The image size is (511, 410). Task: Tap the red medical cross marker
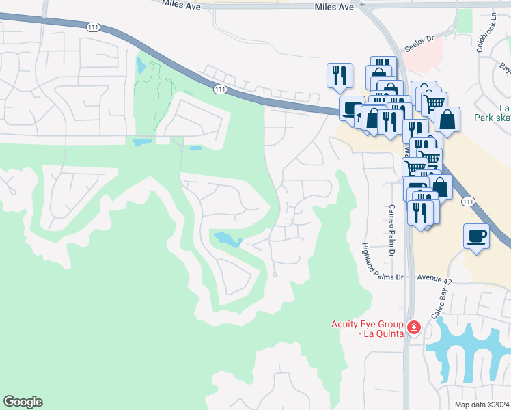(x=413, y=329)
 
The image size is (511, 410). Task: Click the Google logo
(x=23, y=402)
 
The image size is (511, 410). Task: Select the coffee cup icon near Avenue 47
(x=476, y=236)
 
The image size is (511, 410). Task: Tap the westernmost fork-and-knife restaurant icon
(x=340, y=75)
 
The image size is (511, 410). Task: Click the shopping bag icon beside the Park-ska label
(x=446, y=119)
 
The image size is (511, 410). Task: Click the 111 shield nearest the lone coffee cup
(x=467, y=201)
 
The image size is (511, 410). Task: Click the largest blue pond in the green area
(x=227, y=239)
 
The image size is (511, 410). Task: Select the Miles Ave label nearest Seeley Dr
(x=334, y=7)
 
